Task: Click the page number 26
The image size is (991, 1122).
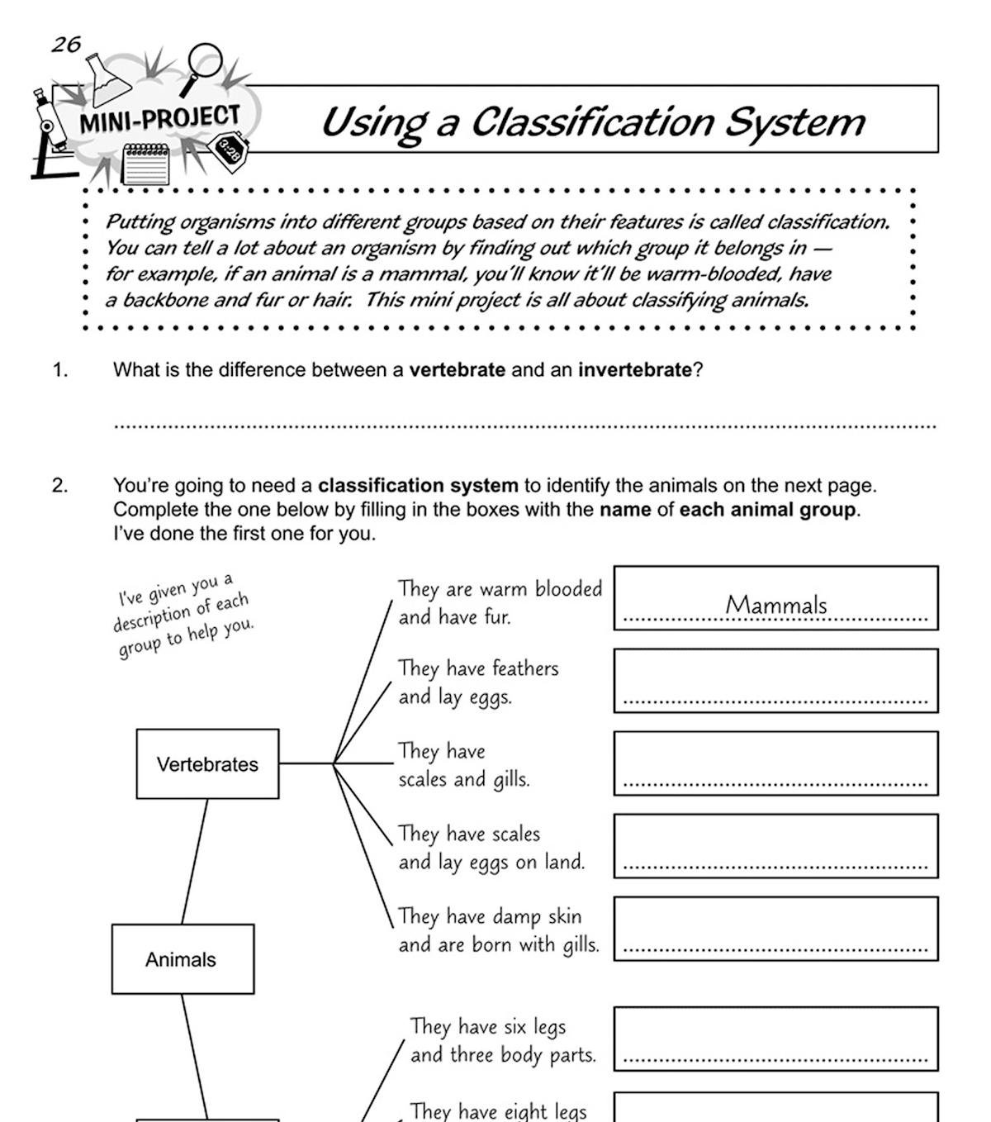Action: tap(66, 44)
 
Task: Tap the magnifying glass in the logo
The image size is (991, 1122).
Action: tap(203, 64)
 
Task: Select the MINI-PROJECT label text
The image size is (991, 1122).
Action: tap(159, 120)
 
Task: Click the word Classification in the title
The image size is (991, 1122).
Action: tap(592, 122)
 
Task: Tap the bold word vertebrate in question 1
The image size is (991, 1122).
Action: tap(457, 370)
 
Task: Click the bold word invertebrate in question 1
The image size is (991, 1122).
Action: tap(634, 370)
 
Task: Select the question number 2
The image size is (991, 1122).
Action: tap(60, 486)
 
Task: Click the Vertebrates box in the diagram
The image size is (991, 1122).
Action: tap(207, 764)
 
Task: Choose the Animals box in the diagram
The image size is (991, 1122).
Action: tap(183, 959)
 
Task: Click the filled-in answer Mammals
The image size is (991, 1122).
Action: tap(775, 605)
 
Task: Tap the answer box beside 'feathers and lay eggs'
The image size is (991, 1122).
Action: tap(775, 680)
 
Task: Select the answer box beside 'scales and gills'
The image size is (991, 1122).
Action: tap(775, 763)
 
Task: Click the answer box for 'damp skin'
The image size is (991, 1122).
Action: tap(775, 928)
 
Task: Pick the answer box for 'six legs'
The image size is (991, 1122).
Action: tap(775, 1039)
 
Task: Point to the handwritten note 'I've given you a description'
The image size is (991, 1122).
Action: tap(183, 616)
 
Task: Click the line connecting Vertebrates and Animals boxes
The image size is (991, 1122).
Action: tap(195, 861)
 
